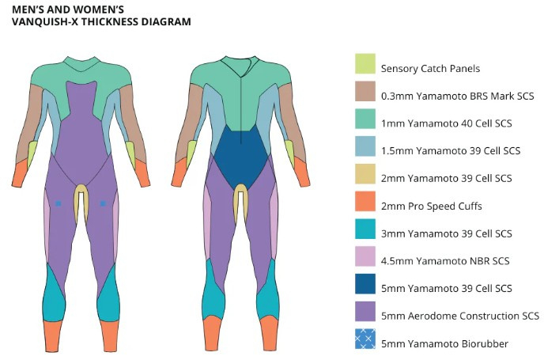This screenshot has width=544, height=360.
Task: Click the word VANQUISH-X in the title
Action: (45, 21)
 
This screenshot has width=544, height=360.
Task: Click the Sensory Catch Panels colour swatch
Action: (365, 63)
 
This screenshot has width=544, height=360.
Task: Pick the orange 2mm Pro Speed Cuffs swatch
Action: (365, 201)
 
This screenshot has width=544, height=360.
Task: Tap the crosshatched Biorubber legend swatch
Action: (365, 339)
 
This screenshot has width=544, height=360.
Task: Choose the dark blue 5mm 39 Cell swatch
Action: (365, 283)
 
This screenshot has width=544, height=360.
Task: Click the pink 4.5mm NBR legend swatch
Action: (365, 256)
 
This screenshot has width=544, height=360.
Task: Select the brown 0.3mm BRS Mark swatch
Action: (365, 91)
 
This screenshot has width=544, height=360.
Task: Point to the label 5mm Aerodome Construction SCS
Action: (460, 316)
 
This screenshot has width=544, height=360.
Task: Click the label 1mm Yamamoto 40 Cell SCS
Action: (447, 123)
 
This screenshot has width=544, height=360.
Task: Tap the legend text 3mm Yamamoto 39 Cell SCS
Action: (447, 233)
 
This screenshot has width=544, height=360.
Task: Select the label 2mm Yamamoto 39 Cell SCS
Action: (447, 178)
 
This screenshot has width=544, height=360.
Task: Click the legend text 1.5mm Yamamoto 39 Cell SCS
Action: (451, 150)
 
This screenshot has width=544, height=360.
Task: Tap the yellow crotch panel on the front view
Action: (81, 201)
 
